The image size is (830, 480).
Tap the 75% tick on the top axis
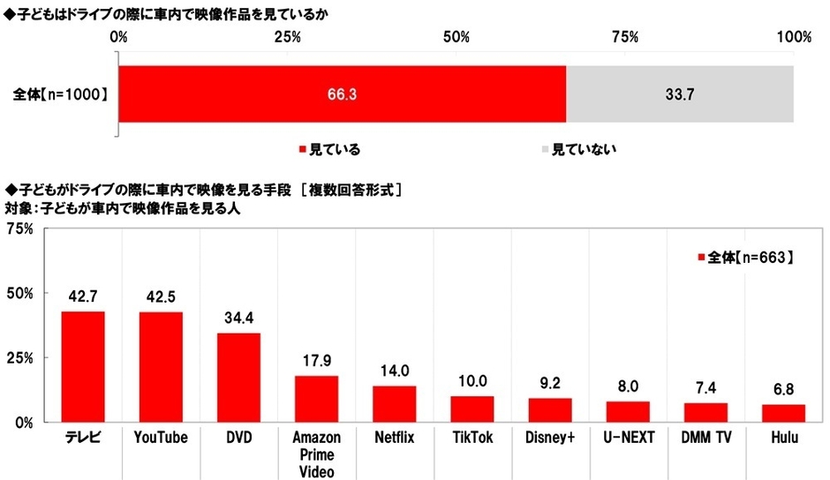625,36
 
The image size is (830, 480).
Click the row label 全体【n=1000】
61,93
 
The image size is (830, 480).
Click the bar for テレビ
83,366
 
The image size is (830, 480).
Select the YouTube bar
161,366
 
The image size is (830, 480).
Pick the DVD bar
238,377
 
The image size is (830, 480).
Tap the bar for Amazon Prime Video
316,399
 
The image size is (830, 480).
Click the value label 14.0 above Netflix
394,371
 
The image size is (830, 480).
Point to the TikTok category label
472,436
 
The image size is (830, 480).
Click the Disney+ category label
549,436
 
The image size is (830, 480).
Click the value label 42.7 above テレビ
83,296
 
